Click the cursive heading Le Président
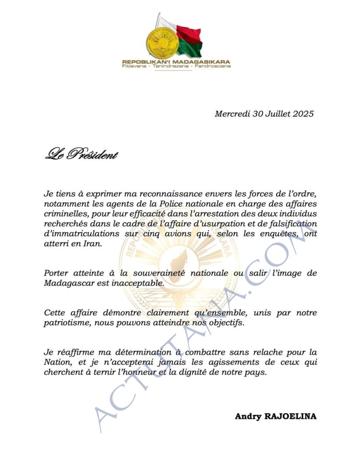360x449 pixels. [x=81, y=154]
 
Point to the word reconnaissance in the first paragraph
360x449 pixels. [x=171, y=193]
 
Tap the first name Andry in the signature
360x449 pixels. [x=248, y=416]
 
